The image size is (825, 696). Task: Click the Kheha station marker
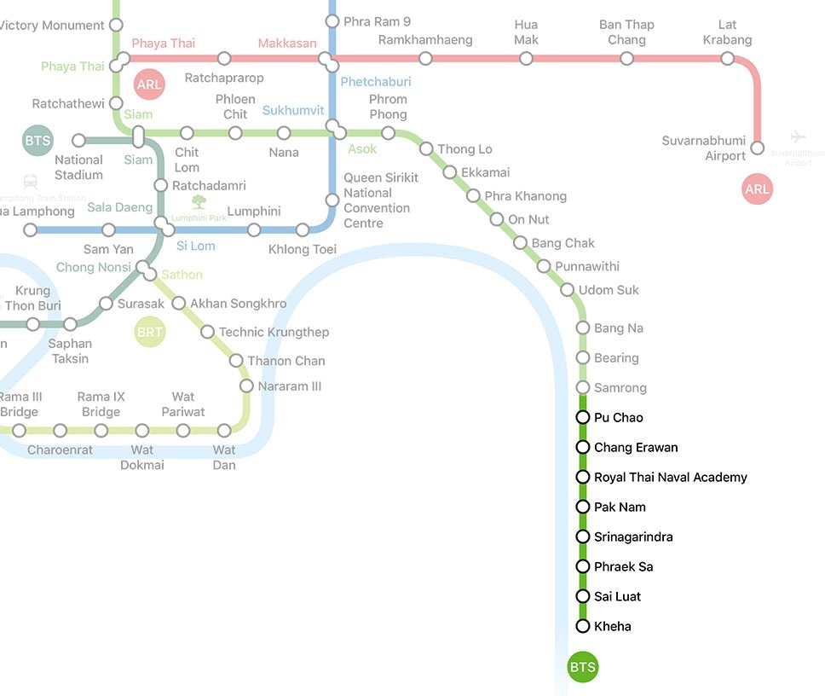point(583,626)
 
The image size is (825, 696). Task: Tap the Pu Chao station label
point(619,417)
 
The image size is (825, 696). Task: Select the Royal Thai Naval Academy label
point(670,477)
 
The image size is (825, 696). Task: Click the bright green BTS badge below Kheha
point(583,667)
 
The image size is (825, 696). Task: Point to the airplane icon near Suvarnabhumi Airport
point(798,136)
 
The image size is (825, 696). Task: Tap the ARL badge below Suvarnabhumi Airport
point(757,189)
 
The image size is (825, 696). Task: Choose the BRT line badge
point(150,332)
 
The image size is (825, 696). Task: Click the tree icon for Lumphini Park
point(199,202)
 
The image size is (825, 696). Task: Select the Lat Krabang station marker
point(727,58)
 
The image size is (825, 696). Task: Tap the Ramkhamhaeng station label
point(425,39)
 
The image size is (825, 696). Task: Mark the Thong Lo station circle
point(426,149)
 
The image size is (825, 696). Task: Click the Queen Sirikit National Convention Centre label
point(381,200)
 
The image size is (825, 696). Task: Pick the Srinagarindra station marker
point(583,536)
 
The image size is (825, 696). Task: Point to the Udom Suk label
point(609,290)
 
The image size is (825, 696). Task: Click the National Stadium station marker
point(79,140)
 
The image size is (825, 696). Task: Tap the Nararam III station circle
point(246,386)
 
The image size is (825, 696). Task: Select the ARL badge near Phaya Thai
point(149,84)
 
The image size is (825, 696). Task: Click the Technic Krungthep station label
point(274,332)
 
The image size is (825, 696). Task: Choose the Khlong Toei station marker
point(303,229)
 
